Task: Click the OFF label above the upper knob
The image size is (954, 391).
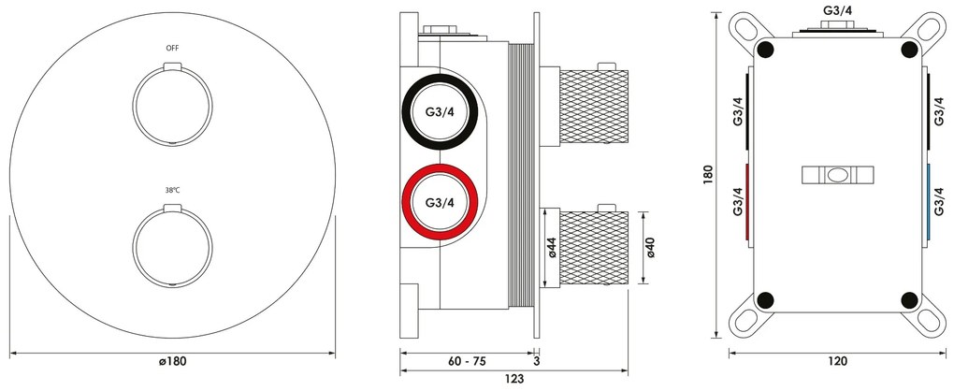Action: (x=173, y=48)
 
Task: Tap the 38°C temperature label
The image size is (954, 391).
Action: (x=173, y=190)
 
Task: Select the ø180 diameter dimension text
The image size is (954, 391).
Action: (x=172, y=361)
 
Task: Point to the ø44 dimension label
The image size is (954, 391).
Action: (x=552, y=248)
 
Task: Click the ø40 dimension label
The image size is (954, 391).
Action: (x=650, y=248)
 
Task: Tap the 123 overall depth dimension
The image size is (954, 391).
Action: (x=514, y=379)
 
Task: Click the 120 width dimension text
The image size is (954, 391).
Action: (x=838, y=361)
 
